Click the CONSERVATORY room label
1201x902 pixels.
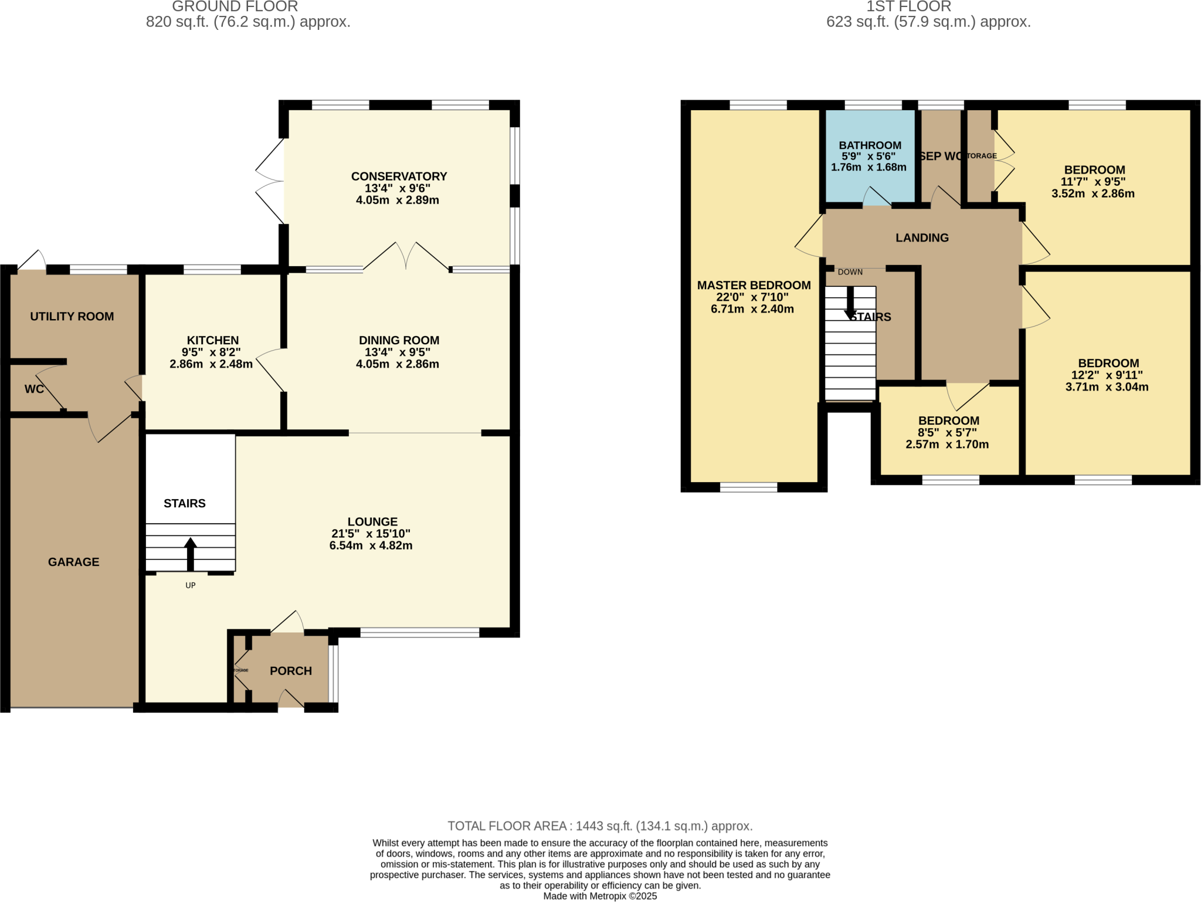click(x=399, y=176)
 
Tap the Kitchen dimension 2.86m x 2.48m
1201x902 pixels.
click(x=211, y=364)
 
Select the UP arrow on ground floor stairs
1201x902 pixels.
click(x=191, y=554)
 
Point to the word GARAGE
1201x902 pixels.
click(x=74, y=562)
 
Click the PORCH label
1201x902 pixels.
click(x=291, y=671)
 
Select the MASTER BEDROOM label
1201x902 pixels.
click(x=754, y=286)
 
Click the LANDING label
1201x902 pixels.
click(x=922, y=238)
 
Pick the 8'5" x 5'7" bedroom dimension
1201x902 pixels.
click(x=947, y=433)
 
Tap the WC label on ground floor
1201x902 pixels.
click(x=34, y=389)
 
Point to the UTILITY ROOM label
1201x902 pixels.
click(x=72, y=317)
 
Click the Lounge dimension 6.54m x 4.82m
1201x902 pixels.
click(x=371, y=545)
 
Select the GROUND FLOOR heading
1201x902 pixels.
click(x=235, y=6)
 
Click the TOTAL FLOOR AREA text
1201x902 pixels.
click(x=600, y=826)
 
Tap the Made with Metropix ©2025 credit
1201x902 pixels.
click(x=600, y=896)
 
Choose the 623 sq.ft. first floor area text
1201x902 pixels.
click(x=928, y=22)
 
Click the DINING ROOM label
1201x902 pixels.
click(x=399, y=340)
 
